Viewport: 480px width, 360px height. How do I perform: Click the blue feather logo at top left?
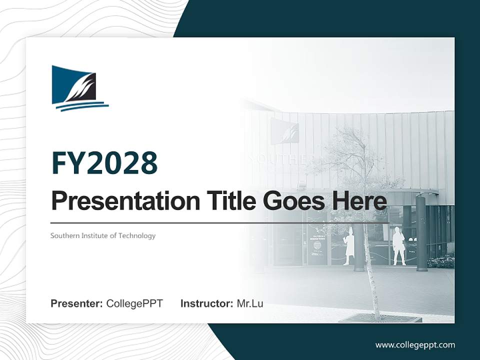pos(79,88)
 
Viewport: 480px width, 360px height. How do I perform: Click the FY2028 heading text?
pos(104,163)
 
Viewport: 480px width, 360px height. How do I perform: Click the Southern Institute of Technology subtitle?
pos(103,235)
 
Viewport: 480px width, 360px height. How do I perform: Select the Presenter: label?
pos(77,303)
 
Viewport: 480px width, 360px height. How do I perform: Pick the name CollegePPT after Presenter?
pos(134,303)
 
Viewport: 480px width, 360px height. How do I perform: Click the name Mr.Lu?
pos(250,303)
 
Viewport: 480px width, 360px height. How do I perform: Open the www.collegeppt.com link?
pos(415,344)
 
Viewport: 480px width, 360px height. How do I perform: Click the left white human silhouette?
pos(348,246)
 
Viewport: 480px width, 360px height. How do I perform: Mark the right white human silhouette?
pos(398,246)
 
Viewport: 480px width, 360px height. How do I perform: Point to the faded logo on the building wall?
pos(284,131)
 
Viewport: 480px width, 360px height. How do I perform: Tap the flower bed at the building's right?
pos(441,262)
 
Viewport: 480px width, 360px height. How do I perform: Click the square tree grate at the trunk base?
pos(380,318)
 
